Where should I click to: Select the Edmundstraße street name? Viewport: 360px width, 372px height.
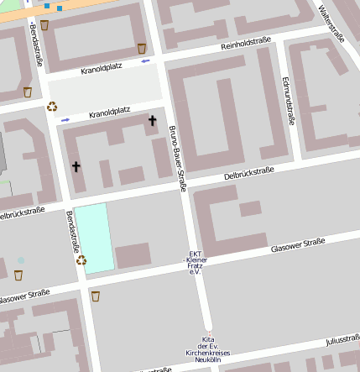[x=289, y=102]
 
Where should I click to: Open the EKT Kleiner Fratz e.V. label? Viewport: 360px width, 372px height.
[x=195, y=262]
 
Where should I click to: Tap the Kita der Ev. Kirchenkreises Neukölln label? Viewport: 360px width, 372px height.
[x=208, y=347]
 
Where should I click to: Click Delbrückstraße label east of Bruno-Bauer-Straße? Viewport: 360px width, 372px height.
[x=249, y=174]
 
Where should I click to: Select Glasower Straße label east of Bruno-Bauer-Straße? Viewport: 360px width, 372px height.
[x=297, y=244]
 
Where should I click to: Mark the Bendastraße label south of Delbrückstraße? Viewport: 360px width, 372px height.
[x=72, y=233]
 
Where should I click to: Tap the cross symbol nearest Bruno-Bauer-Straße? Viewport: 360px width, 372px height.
[x=152, y=122]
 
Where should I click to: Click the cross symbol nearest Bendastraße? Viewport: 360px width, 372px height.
[x=76, y=166]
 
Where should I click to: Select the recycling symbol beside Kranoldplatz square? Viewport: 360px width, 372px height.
[x=52, y=107]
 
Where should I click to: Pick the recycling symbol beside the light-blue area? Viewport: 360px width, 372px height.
[x=81, y=260]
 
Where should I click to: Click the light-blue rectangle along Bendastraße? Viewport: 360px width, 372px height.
[x=94, y=237]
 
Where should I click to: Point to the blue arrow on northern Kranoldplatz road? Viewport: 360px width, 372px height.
[x=147, y=60]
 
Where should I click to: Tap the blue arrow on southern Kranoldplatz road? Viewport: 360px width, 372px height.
[x=65, y=120]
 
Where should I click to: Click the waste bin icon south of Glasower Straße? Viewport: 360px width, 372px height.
[x=95, y=296]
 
